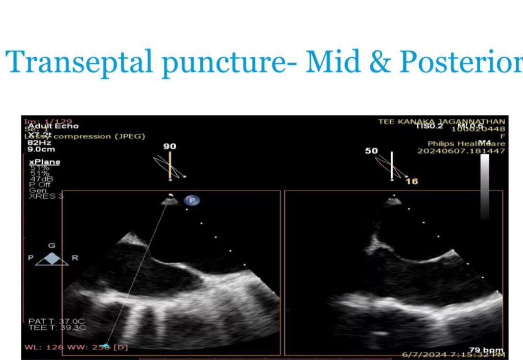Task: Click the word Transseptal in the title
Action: (x=80, y=62)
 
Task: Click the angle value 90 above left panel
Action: (x=170, y=147)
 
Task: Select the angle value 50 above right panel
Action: (x=372, y=151)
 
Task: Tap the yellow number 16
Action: (x=412, y=181)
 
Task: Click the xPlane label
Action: (x=44, y=162)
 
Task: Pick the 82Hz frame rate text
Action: (x=38, y=143)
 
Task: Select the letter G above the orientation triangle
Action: (x=52, y=246)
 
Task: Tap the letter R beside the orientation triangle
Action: (x=75, y=258)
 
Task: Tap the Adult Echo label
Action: (x=46, y=126)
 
